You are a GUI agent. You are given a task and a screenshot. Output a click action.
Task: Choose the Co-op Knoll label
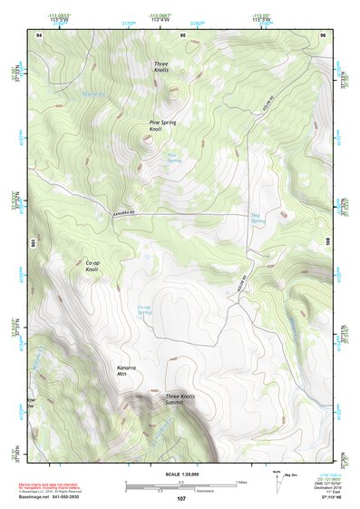[92, 266]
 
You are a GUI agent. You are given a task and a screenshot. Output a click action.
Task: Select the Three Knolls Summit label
[181, 399]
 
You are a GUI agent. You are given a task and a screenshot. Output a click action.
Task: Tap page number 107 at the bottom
[180, 498]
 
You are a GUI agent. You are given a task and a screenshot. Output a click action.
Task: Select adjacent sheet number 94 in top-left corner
[39, 34]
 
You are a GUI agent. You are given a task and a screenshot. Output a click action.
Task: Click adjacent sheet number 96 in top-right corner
[322, 34]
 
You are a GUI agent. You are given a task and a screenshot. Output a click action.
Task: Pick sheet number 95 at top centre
[182, 34]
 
